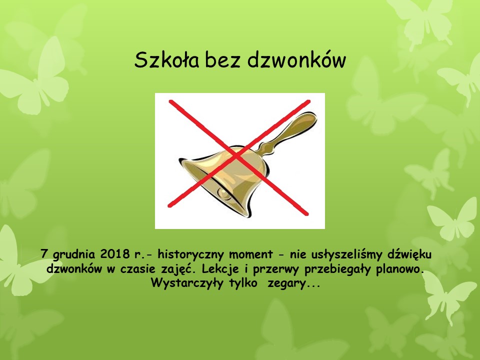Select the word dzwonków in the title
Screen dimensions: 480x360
click(296, 59)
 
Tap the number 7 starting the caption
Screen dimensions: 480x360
click(44, 254)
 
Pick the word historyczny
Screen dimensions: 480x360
click(190, 254)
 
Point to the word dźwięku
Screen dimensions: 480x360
click(409, 254)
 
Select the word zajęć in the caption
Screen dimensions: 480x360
click(179, 269)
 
